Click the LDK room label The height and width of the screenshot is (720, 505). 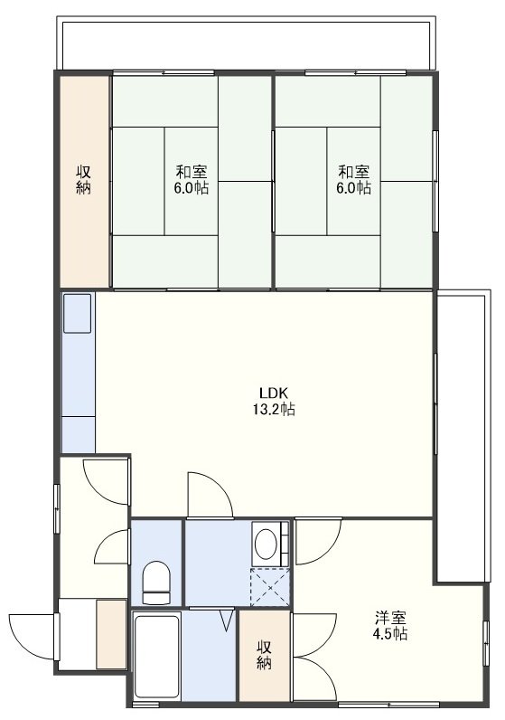[x=273, y=393]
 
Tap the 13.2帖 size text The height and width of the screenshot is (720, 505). [x=273, y=409]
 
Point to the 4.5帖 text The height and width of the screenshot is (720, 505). [x=390, y=634]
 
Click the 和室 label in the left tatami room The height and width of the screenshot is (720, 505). [x=192, y=172]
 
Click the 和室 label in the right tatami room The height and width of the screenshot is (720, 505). [x=353, y=172]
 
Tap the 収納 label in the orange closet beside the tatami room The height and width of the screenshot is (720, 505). [x=83, y=180]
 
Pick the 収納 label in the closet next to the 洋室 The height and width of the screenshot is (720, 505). [x=264, y=655]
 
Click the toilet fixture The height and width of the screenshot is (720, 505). [x=156, y=583]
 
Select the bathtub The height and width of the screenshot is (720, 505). [x=157, y=656]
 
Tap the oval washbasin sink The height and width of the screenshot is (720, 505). [x=266, y=545]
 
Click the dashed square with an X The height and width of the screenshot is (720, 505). [x=270, y=587]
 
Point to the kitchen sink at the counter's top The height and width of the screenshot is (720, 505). [x=78, y=313]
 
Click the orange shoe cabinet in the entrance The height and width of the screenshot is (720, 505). [x=111, y=634]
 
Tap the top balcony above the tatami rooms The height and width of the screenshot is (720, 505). [x=246, y=43]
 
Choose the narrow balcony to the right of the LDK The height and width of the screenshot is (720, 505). [x=463, y=436]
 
